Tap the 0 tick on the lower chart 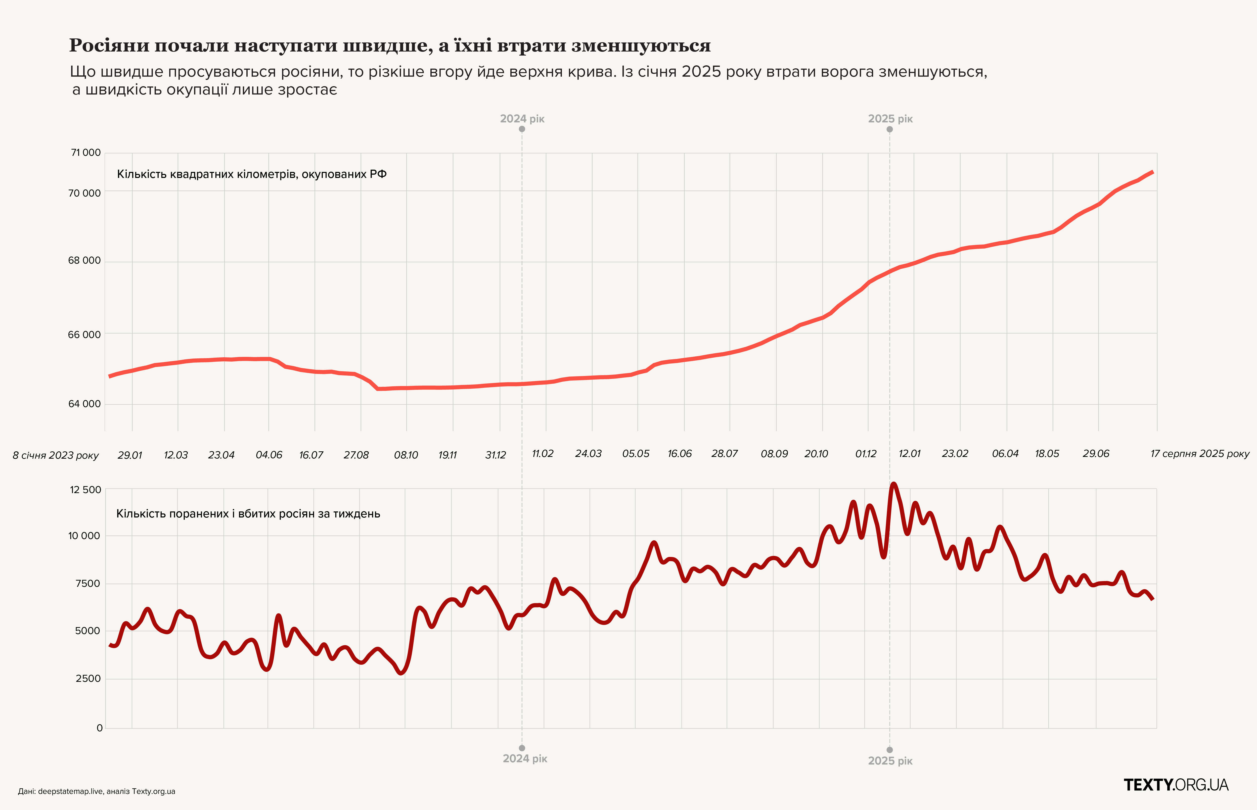point(100,728)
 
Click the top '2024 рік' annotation point(522,119)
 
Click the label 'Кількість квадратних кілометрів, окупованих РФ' point(251,174)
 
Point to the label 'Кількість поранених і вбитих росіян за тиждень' point(248,514)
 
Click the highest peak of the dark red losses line point(893,485)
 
